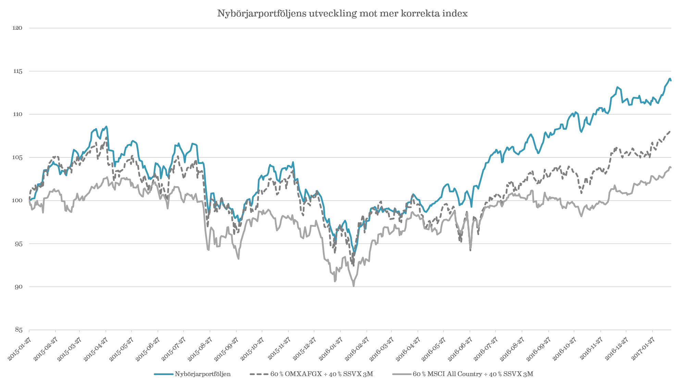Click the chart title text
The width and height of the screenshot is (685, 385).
(x=342, y=14)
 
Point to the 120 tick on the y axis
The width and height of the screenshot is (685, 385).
(x=17, y=28)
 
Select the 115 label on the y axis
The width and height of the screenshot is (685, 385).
(x=17, y=71)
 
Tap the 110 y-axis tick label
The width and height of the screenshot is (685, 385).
(x=17, y=114)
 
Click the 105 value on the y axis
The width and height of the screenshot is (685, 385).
(x=17, y=157)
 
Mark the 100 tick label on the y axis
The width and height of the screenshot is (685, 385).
(x=17, y=201)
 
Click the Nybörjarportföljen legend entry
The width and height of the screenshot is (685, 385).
(x=202, y=374)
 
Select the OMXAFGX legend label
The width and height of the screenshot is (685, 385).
(x=321, y=374)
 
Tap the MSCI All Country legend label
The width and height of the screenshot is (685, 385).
(x=473, y=374)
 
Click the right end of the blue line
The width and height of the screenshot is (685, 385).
(x=671, y=80)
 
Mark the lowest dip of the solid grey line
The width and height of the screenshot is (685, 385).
(x=353, y=285)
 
